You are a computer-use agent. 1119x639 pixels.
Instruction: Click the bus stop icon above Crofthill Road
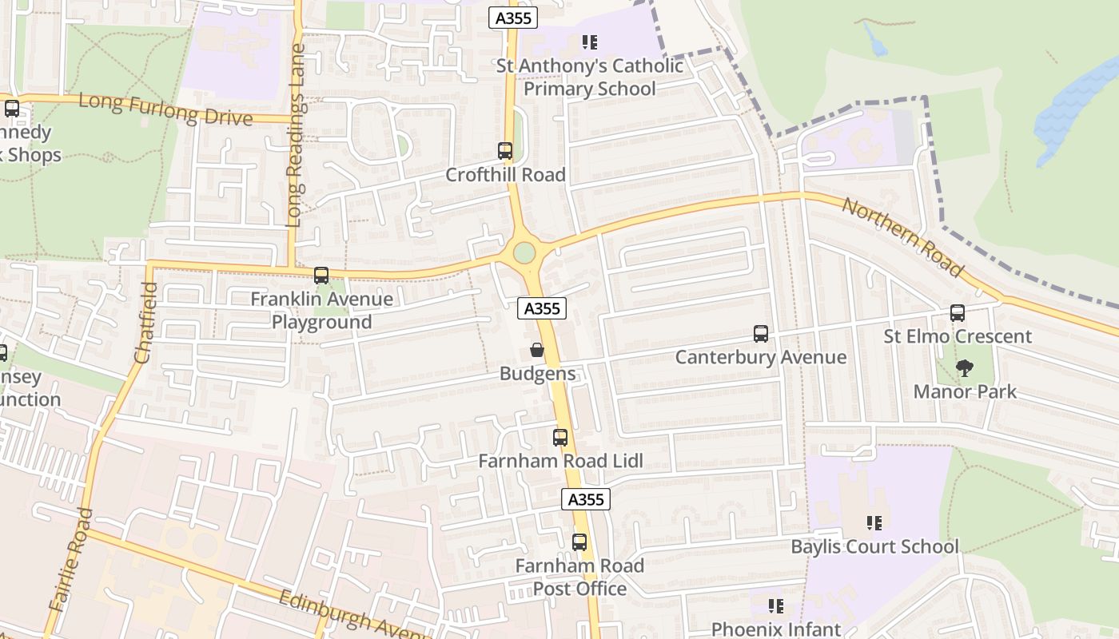(x=504, y=150)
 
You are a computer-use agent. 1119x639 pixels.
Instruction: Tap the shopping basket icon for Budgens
(x=537, y=350)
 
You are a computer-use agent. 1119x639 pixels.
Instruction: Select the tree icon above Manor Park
(x=965, y=368)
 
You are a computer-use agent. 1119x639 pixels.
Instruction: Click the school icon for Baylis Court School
(x=874, y=523)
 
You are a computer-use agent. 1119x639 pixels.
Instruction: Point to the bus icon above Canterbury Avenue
(x=760, y=333)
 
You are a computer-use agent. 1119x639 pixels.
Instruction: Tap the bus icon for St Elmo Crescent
(x=957, y=313)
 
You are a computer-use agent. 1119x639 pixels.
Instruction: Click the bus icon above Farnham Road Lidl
(x=560, y=438)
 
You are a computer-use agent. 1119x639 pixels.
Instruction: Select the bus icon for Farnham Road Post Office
(x=579, y=542)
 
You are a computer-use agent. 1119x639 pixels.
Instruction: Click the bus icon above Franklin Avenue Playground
(x=321, y=276)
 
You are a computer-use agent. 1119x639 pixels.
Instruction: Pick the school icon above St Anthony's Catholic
(x=590, y=42)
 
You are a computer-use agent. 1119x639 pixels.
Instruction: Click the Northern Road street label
(x=902, y=237)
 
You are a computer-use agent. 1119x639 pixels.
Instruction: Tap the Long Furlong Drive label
(x=165, y=110)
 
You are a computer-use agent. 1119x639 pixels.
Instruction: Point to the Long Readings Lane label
(x=295, y=160)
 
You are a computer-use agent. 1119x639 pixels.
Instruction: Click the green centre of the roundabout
(x=524, y=252)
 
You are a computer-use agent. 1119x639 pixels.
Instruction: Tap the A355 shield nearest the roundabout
(x=542, y=308)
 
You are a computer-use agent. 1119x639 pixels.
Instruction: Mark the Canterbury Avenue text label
(x=760, y=357)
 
